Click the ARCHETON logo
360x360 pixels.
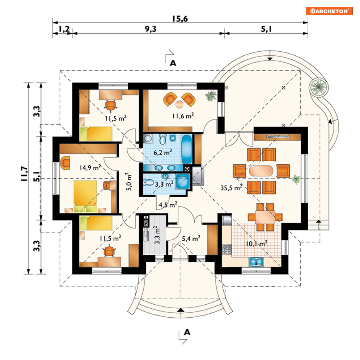point(329,11)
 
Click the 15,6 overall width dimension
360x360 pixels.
point(180,18)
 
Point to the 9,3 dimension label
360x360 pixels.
point(151,29)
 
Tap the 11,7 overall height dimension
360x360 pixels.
point(24,174)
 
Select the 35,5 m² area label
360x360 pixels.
point(232,187)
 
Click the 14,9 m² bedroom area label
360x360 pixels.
point(90,168)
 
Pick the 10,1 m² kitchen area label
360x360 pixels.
point(257,243)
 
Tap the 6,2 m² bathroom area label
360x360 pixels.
point(163,152)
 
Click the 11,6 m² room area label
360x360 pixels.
point(183,116)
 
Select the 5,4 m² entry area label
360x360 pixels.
point(191,238)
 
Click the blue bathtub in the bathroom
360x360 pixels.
point(186,149)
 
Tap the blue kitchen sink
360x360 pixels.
point(256,262)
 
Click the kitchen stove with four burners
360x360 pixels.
point(226,249)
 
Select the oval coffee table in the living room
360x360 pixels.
point(261,171)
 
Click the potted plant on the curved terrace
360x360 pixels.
point(318,87)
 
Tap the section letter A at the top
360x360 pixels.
point(173,63)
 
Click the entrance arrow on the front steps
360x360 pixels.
point(181,310)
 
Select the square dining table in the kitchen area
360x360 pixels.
point(265,217)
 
